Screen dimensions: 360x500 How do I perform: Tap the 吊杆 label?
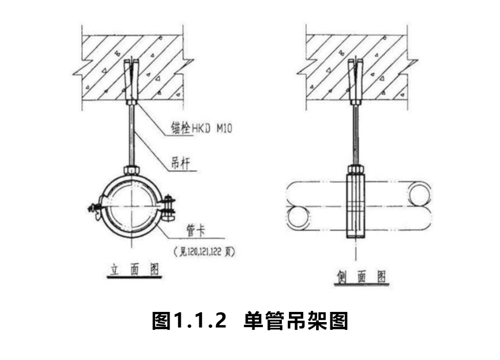[x=181, y=163]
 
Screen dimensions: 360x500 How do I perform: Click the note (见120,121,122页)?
[x=204, y=252]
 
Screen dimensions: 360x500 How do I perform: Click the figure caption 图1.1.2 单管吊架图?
[x=250, y=321]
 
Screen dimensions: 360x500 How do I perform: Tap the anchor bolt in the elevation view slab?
[x=131, y=81]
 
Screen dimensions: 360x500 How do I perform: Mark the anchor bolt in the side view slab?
[x=355, y=81]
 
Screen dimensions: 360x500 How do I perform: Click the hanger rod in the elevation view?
[x=132, y=134]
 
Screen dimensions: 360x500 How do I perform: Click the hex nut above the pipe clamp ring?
[x=132, y=170]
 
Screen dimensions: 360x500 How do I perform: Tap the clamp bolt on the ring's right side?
[x=169, y=207]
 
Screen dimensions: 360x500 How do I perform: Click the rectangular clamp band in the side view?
[x=356, y=206]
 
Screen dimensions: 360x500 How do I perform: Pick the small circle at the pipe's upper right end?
[x=420, y=196]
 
